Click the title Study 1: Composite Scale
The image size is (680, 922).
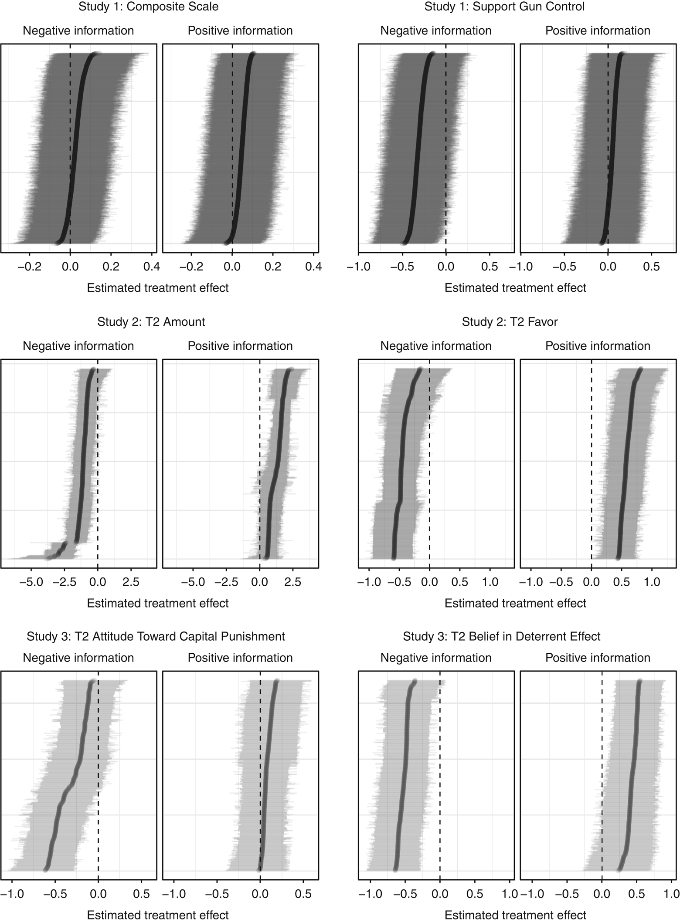click(148, 7)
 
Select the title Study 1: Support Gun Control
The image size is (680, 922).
click(504, 7)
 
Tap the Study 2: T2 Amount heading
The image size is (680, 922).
click(151, 322)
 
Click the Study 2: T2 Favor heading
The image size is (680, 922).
click(510, 322)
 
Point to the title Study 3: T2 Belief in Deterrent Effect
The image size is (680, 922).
click(501, 636)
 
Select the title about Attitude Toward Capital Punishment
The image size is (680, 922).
click(156, 636)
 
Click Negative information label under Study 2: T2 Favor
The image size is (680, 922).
click(435, 346)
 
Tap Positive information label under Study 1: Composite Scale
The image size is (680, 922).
click(240, 31)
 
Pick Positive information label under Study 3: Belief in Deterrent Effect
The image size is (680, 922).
click(598, 658)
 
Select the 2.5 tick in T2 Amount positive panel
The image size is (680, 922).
click(292, 582)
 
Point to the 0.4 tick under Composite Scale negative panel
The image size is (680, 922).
click(151, 267)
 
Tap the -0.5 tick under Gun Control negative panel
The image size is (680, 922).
click(402, 267)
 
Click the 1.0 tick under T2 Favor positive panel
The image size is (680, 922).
click(652, 582)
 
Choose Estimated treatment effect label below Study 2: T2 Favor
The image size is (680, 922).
click(515, 603)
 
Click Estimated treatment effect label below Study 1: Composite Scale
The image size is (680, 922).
click(157, 288)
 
